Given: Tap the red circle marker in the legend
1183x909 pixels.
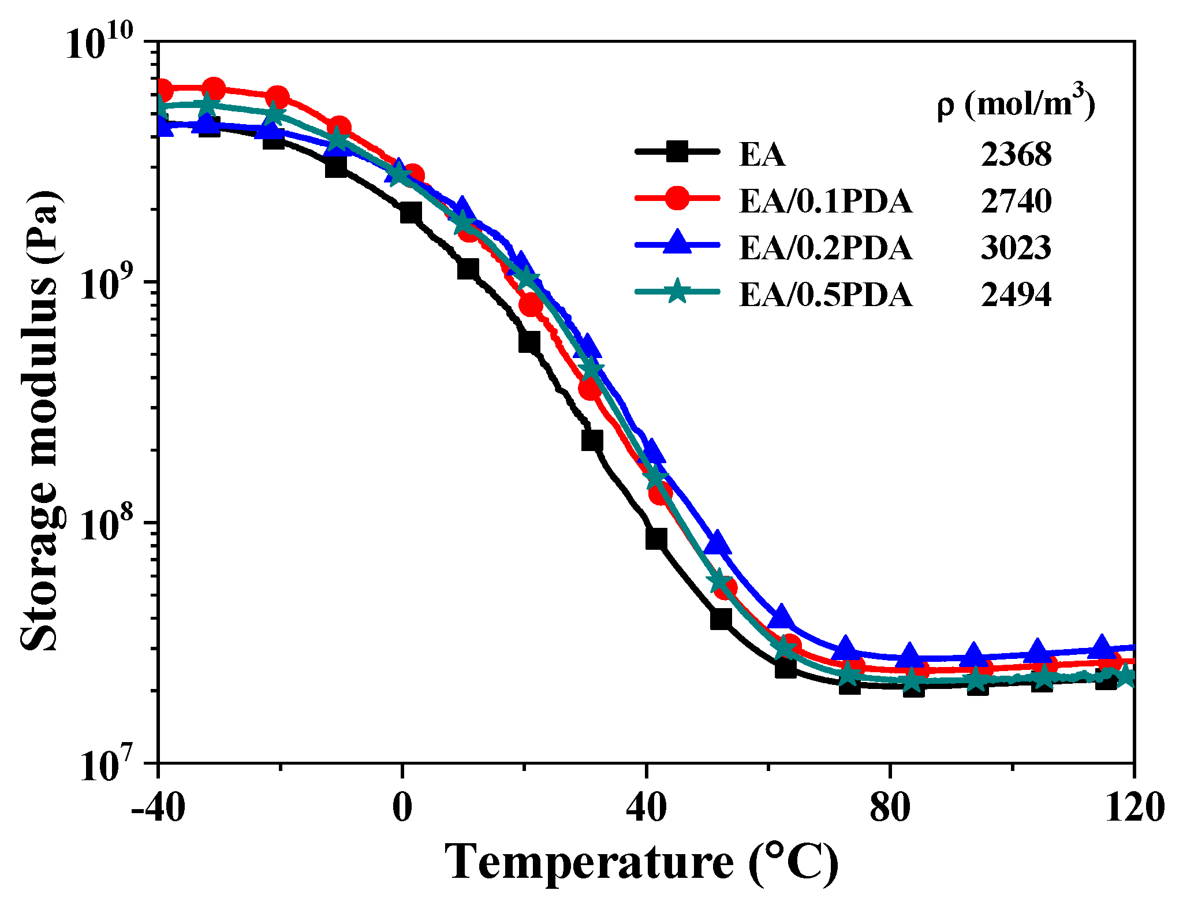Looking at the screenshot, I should click(677, 199).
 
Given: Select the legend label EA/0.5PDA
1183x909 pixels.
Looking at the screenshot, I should click(826, 295).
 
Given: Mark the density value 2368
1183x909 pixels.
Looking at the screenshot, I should click(1016, 155).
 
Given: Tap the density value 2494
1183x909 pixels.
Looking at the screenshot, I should click(1016, 295).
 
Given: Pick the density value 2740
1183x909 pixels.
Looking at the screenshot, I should click(1016, 202).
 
